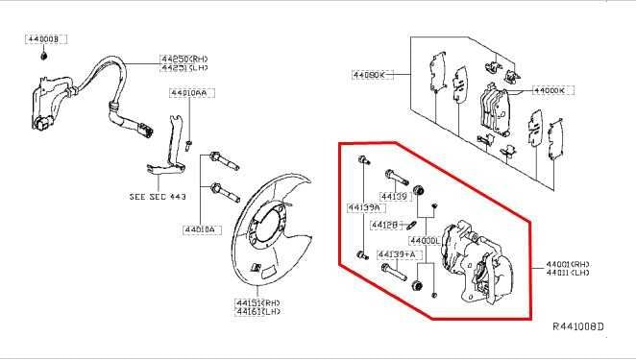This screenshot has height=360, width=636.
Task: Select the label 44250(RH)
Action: (x=184, y=59)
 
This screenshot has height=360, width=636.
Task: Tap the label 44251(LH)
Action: (x=184, y=67)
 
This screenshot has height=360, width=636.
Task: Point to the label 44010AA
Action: (x=187, y=93)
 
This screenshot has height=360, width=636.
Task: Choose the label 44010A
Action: (x=202, y=229)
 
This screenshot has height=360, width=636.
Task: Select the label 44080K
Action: (x=367, y=73)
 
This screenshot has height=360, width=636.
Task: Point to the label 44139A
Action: (x=364, y=206)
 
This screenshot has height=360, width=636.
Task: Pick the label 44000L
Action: (x=424, y=239)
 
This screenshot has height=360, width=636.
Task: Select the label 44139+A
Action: (x=396, y=253)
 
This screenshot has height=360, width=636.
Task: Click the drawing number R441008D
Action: (x=578, y=326)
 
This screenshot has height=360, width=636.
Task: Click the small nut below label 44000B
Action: (x=44, y=54)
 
